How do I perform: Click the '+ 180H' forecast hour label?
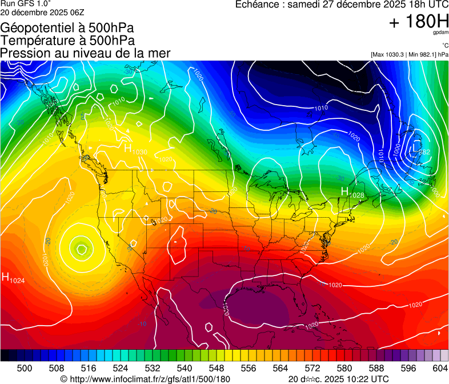coord(419,22)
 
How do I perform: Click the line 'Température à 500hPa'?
coord(67,41)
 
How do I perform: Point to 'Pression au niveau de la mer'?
coord(86,53)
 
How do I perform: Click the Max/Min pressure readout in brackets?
coord(410,55)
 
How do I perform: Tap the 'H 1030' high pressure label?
coord(135,149)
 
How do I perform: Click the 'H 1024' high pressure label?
coord(14,278)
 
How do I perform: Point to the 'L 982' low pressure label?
coord(420,150)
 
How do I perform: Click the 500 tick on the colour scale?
coord(25,368)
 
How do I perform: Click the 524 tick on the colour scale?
coord(129,368)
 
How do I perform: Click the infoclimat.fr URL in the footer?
coord(145,379)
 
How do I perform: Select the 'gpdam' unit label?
coord(442,33)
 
